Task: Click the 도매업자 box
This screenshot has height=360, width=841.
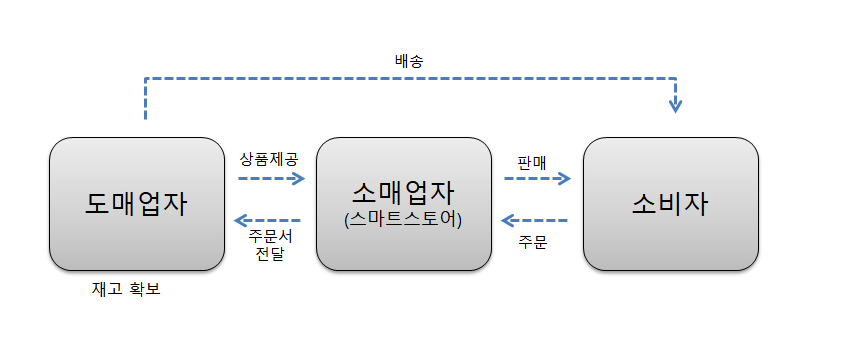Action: (136, 204)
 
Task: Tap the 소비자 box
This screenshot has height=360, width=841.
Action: (670, 204)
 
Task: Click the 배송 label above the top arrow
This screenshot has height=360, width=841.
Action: (409, 60)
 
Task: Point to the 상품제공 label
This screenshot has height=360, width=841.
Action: (268, 158)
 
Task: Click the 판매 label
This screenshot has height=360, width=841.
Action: (531, 160)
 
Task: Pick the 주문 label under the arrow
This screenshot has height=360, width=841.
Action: (533, 242)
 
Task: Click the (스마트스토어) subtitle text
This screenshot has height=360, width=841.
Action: (403, 217)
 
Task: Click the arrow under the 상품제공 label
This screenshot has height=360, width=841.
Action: (271, 179)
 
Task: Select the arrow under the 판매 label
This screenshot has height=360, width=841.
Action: (537, 179)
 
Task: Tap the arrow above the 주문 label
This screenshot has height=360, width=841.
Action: (535, 220)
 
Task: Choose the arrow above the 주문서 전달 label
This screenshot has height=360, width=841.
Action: (267, 220)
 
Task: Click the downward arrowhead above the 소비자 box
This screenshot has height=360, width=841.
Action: (675, 103)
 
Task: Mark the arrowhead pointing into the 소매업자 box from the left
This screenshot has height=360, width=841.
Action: (298, 179)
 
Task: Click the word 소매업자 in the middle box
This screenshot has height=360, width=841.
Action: (403, 191)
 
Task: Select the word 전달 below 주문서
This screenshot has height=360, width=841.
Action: (268, 256)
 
